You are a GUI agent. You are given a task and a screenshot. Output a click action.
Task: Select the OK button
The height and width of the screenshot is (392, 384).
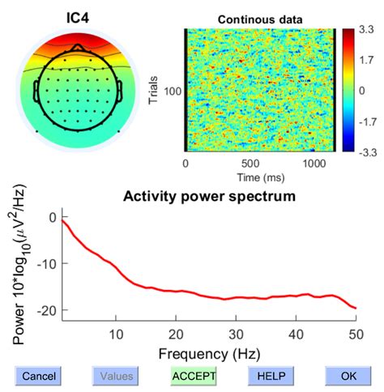tap(348, 376)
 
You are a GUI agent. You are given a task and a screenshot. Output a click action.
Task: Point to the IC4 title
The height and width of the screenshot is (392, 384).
tap(77, 15)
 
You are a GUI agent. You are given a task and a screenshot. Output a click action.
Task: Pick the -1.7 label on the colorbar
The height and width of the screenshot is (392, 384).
tap(366, 120)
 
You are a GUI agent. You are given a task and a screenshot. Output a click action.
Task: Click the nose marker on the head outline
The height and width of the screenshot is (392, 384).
tap(76, 48)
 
